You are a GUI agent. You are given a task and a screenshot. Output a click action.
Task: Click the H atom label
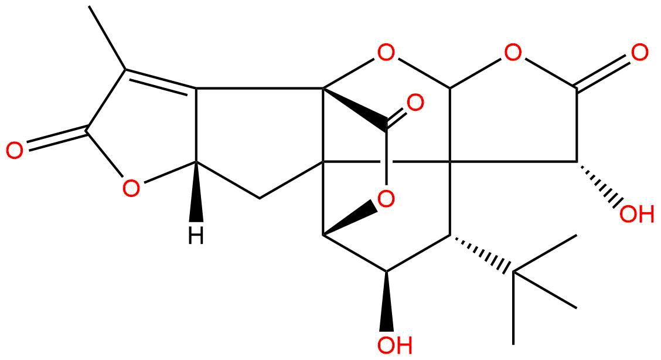(196, 236)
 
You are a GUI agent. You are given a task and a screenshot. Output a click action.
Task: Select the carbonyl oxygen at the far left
(15, 151)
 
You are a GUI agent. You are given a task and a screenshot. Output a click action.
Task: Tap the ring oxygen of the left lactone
(131, 188)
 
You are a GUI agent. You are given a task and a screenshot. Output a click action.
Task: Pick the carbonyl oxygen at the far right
(639, 53)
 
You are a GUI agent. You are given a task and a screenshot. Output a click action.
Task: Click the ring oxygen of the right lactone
(513, 53)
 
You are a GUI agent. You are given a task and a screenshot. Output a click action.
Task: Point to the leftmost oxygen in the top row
(386, 53)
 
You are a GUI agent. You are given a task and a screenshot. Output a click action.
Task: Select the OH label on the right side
(637, 214)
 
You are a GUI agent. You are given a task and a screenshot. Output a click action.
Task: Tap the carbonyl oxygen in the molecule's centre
(415, 103)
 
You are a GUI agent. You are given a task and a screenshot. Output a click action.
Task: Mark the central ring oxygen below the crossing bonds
(386, 198)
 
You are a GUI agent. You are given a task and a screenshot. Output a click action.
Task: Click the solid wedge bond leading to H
(196, 191)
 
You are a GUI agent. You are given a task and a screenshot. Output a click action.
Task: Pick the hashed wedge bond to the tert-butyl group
(482, 254)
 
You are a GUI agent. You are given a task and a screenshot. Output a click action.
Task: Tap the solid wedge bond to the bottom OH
(386, 301)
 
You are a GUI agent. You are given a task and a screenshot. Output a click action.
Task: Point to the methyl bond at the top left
(108, 38)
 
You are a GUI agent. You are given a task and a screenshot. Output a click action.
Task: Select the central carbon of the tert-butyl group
(513, 272)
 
